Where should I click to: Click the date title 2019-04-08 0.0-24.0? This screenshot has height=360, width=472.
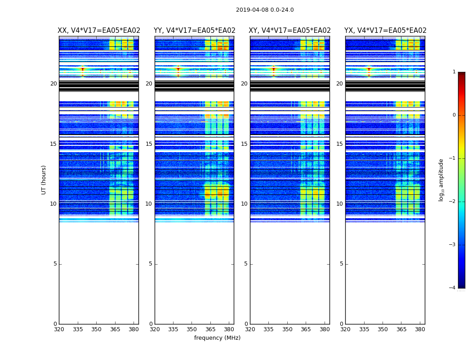pos(265,10)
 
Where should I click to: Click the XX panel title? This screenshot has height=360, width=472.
pos(99,31)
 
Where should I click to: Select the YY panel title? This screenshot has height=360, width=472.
pos(195,31)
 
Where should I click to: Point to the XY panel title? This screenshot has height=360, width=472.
pos(290,31)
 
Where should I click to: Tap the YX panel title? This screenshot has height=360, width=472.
pos(385,31)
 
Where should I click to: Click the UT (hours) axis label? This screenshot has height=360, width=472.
pos(44,180)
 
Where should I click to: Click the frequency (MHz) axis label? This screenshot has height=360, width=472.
pos(217,338)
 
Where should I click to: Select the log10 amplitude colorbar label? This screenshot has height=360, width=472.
pos(441,180)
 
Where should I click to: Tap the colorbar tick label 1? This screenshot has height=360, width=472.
pos(454,72)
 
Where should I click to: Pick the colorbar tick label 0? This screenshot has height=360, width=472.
pos(454,115)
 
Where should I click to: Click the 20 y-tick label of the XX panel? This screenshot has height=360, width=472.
pos(53,84)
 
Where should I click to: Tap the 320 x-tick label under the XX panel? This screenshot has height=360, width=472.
pos(59,329)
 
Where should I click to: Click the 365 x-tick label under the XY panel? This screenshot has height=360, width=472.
pos(306,329)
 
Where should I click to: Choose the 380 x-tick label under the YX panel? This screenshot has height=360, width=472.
pos(420,329)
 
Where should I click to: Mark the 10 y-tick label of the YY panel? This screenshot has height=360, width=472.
pos(149,204)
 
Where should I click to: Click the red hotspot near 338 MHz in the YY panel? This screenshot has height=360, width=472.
pos(178,69)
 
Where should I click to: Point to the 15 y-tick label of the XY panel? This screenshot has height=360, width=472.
pos(245,144)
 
